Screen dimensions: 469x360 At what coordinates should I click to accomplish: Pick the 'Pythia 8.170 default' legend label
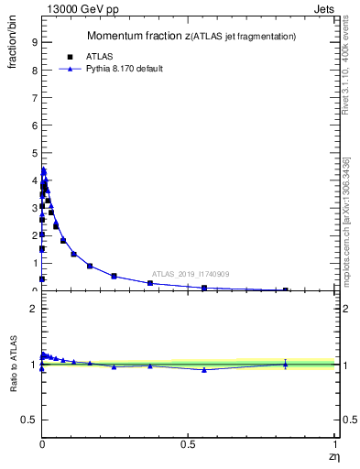(x=124, y=69)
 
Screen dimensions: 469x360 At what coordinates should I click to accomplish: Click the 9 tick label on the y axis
(x=34, y=42)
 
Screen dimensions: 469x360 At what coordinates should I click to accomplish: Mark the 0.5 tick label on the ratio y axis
(x=29, y=420)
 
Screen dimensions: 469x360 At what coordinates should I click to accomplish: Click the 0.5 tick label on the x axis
(x=188, y=444)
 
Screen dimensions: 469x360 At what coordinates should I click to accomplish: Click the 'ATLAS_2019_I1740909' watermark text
(x=191, y=274)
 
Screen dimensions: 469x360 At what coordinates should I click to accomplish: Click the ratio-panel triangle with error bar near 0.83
(x=285, y=364)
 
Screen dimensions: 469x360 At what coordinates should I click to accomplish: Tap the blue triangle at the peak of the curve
(x=43, y=170)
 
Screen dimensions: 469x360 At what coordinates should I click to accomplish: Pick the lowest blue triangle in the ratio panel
(x=203, y=370)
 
